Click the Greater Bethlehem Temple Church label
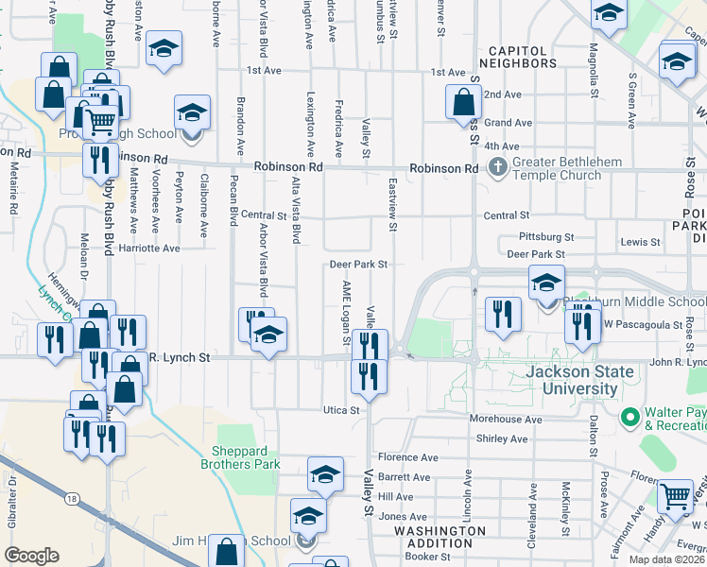coord(556,168)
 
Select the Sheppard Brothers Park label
coord(240,457)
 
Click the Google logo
coord(31,556)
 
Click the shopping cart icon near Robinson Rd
coord(100,120)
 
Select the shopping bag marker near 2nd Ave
coord(463,101)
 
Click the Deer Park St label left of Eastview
coord(358,265)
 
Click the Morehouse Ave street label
coord(506,419)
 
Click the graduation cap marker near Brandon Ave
coord(192,112)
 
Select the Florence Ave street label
coord(408,457)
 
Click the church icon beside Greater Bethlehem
coord(497,168)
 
